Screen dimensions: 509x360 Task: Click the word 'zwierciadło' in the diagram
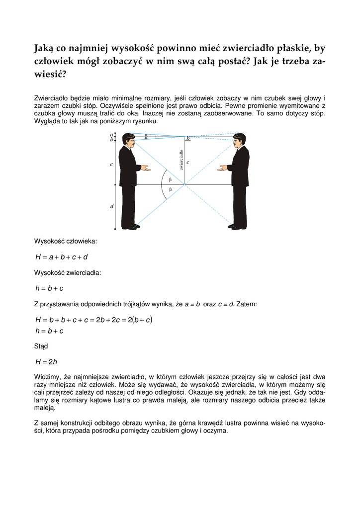pos(182,159)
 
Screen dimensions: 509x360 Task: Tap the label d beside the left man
pos(111,207)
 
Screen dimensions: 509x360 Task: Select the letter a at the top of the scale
pos(111,134)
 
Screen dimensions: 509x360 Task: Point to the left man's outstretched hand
pos(145,168)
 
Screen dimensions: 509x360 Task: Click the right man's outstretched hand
pos(221,168)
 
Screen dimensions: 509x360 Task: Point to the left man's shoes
pos(130,227)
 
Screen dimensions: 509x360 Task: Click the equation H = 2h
pos(45,362)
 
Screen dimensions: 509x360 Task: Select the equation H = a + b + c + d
pos(62,257)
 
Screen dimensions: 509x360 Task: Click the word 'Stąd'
pos(41,346)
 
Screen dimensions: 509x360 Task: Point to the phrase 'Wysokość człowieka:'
pos(65,242)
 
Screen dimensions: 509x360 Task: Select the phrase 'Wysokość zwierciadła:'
pos(67,272)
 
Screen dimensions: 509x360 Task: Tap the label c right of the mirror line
pos(188,162)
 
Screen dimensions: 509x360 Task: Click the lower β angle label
pos(170,189)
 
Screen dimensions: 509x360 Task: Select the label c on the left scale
pos(111,164)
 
